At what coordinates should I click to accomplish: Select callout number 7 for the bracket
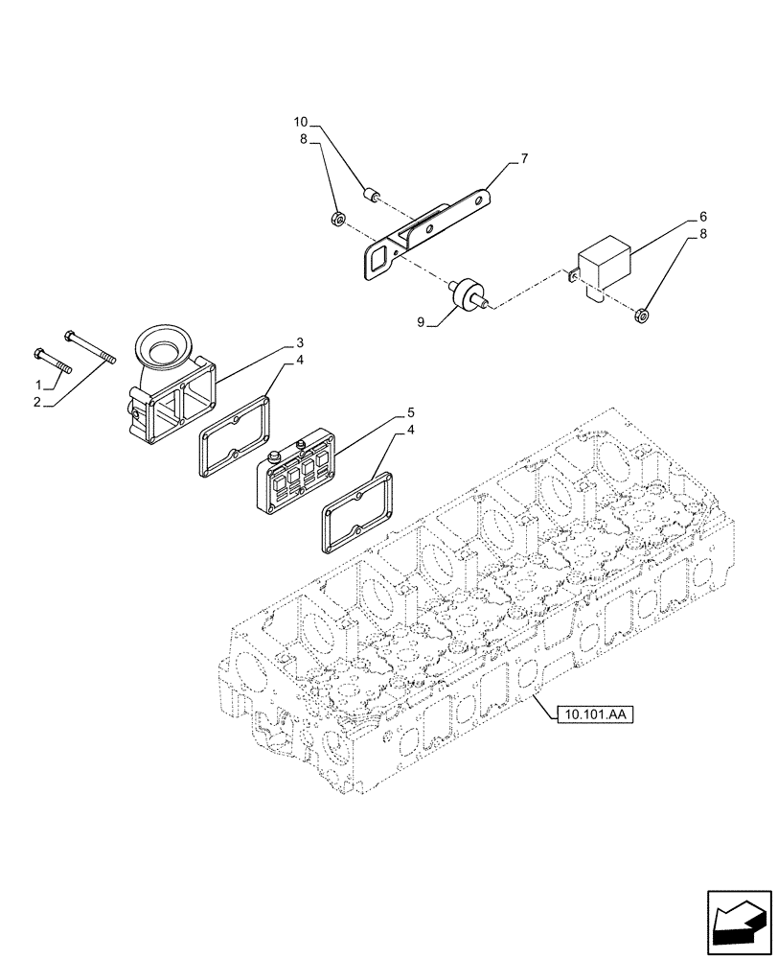tap(524, 157)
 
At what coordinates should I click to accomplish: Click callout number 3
tap(299, 341)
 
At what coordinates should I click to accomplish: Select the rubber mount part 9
tap(469, 292)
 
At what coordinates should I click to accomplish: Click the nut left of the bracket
tap(337, 220)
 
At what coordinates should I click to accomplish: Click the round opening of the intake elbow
tap(166, 341)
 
